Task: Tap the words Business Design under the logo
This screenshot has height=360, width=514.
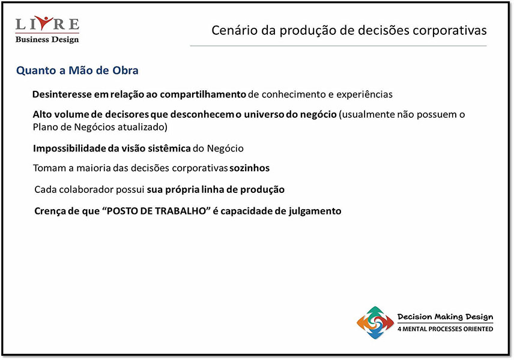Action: [x=47, y=40]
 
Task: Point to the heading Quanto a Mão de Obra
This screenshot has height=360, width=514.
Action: [x=77, y=70]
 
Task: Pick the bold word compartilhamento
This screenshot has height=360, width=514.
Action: [x=203, y=94]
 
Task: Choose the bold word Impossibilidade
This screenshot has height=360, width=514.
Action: [x=70, y=148]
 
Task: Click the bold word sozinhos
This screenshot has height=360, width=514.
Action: [x=249, y=168]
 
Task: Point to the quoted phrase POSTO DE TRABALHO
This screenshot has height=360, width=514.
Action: [x=156, y=211]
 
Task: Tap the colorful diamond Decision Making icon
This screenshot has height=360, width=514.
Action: [x=375, y=323]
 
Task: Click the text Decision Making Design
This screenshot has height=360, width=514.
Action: [x=445, y=317]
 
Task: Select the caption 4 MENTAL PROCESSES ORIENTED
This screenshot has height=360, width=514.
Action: [x=445, y=329]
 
